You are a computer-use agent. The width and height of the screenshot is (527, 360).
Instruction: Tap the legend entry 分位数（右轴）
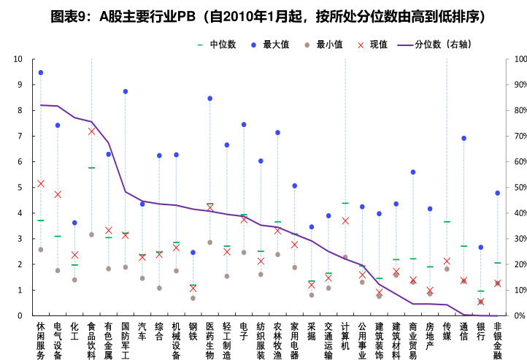click(442, 45)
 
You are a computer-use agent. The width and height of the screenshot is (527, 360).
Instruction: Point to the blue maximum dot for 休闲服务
click(40, 73)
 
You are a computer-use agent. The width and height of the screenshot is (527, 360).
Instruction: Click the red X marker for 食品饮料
click(91, 131)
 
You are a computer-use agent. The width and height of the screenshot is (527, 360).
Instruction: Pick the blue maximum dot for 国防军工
click(126, 91)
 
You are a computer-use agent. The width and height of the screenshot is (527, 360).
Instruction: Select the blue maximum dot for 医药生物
click(210, 99)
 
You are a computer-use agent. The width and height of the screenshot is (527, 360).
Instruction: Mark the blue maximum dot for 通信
click(463, 138)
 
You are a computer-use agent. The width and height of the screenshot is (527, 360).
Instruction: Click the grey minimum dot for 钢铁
click(193, 298)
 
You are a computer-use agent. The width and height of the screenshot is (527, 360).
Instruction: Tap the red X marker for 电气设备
click(58, 194)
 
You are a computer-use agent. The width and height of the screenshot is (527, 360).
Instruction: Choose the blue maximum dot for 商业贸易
click(413, 172)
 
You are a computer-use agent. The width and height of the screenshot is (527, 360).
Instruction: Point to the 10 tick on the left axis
click(18, 59)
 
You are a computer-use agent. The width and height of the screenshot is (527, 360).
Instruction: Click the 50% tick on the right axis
click(520, 188)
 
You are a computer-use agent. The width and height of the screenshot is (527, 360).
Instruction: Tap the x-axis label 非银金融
click(497, 340)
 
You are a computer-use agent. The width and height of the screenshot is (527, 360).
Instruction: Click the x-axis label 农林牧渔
click(277, 340)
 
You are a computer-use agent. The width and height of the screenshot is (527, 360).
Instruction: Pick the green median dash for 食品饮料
click(91, 168)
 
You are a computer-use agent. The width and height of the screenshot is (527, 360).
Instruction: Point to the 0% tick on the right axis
click(518, 316)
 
